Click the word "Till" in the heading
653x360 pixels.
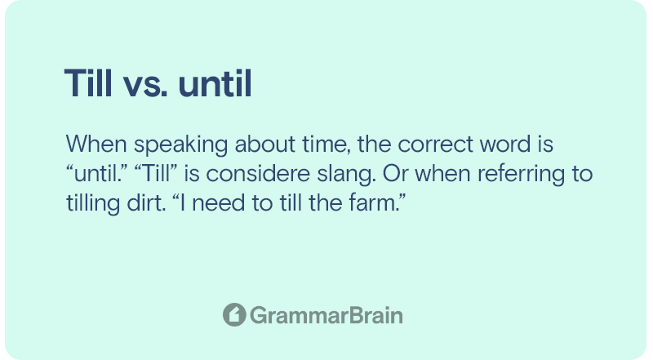click(88, 83)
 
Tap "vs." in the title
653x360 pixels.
click(145, 87)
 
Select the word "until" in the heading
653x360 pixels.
click(215, 83)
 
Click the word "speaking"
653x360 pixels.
click(180, 145)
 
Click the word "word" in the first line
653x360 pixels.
click(505, 144)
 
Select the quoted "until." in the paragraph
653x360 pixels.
click(96, 173)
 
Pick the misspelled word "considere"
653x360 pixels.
click(258, 173)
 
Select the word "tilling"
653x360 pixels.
click(93, 204)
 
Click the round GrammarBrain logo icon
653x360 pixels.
click(234, 314)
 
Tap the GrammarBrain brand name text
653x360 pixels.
click(326, 315)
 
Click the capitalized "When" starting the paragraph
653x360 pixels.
click(96, 144)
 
